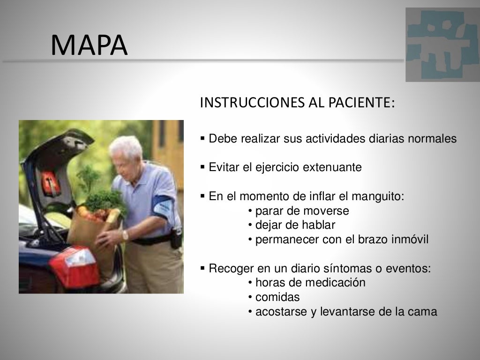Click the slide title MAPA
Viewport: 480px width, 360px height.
(89, 45)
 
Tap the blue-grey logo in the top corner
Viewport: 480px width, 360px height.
(442, 45)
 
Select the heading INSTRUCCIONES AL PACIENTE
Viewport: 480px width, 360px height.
(297, 103)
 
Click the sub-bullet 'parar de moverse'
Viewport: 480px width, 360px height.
(299, 211)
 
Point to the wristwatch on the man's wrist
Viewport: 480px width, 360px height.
(125, 235)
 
